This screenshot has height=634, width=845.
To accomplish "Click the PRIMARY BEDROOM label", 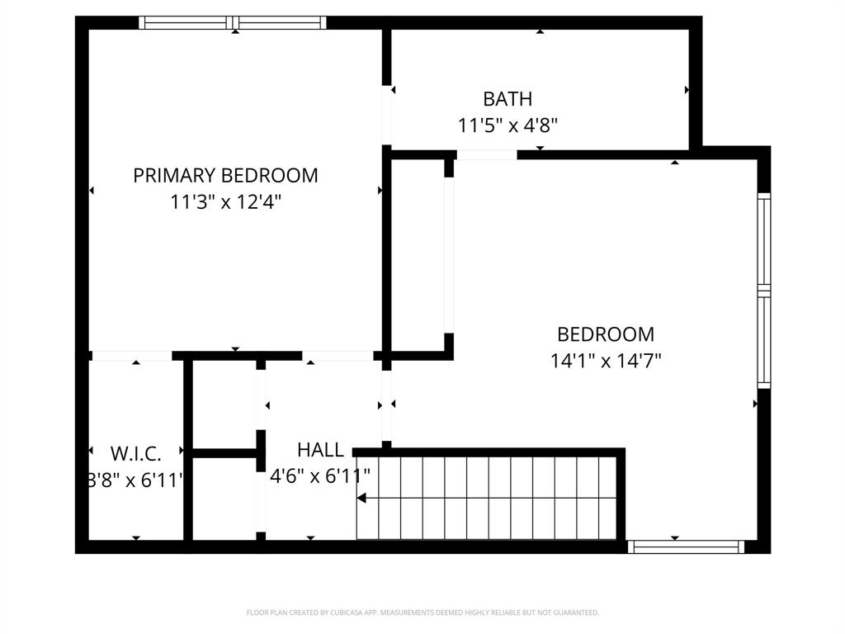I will tap(225, 175).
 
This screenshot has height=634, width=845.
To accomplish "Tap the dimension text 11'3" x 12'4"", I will tap(225, 202).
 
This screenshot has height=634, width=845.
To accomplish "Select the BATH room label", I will tap(507, 99).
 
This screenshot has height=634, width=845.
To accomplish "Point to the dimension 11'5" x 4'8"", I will tap(507, 125).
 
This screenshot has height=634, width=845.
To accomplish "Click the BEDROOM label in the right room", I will tap(606, 334).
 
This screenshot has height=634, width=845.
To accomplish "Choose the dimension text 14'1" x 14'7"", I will tap(606, 361).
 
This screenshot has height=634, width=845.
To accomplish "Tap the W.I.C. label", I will tap(136, 452).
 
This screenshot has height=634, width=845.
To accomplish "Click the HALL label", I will tap(320, 450).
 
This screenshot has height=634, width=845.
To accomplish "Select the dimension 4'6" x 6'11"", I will tap(320, 475).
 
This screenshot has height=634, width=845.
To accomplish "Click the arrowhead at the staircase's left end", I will tap(361, 498).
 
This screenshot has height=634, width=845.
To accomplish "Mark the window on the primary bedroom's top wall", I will tap(233, 23).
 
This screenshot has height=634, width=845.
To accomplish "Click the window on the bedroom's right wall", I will tap(764, 291).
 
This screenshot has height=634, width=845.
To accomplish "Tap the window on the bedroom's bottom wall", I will tap(686, 546).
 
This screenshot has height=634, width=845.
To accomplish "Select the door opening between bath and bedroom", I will tap(487, 154).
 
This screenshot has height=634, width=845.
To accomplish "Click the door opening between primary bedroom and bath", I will tap(386, 116).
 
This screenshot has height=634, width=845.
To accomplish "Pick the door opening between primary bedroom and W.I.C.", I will tap(131, 356).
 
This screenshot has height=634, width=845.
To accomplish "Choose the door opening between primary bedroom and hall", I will tap(338, 356).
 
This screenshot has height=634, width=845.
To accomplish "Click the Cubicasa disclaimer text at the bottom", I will tap(422, 613).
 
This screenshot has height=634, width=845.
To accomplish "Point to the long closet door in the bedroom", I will tap(449, 255).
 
